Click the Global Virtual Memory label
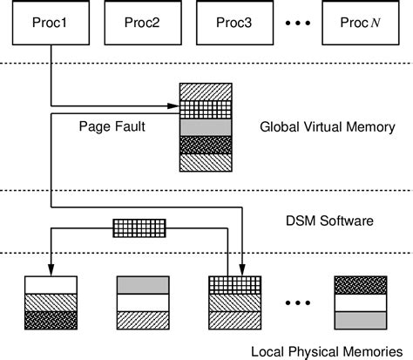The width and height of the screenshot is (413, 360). pyautogui.click(x=328, y=127)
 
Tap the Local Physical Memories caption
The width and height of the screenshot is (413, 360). pyautogui.click(x=325, y=352)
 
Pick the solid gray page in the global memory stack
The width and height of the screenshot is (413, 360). pyautogui.click(x=206, y=127)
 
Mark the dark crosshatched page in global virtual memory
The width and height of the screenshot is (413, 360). pyautogui.click(x=206, y=144)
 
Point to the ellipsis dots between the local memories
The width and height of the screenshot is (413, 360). pyautogui.click(x=295, y=302)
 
